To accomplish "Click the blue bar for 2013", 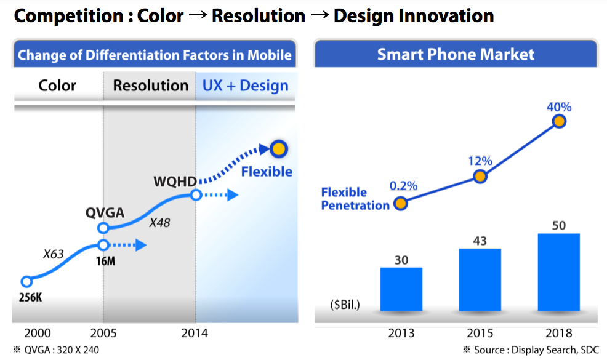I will point(401,289).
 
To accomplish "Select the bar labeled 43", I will point(480,279).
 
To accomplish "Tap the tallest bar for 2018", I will point(558,271).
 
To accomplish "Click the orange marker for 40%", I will point(559,121).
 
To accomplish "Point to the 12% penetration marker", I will point(480,177).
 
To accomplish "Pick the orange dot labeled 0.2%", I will point(401,204).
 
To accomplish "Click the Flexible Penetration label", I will point(355,199).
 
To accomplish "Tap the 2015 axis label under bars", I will point(480,334).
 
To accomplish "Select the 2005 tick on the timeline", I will point(103,333).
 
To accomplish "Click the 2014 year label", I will point(195,333).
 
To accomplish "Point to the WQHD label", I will point(175,182).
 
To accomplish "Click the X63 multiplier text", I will point(52,254).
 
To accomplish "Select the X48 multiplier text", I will point(159,223).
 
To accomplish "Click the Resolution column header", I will point(150,85).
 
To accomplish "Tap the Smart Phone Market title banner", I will point(456,54).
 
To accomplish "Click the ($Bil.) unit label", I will point(345,304).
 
